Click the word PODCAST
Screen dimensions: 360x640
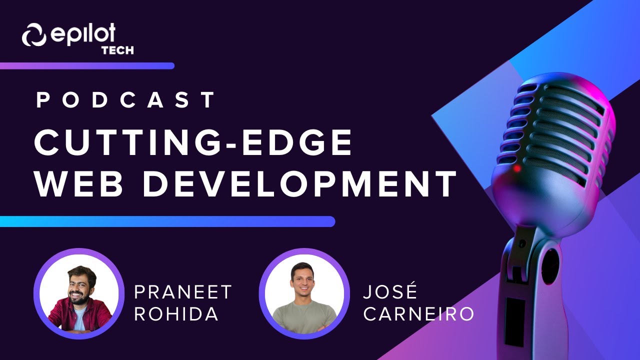coord(125,100)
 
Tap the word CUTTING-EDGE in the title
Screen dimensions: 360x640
coord(193,143)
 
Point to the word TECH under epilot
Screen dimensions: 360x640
coord(117,50)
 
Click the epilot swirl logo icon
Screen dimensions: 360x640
coord(34,35)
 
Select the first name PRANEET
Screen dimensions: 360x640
coord(183,292)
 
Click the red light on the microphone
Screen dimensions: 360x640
coord(517,168)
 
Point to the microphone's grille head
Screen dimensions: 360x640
coord(555,130)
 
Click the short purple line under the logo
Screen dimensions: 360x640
coord(87,65)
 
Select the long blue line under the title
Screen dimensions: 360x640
coord(167,221)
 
